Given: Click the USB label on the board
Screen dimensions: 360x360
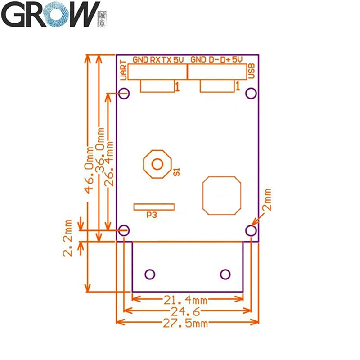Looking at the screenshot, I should (x=252, y=71).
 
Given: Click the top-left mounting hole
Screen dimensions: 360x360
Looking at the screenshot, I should (x=125, y=93).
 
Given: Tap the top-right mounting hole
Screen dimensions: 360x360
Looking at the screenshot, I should (x=251, y=93).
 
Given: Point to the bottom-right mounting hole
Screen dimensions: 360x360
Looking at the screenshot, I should (x=251, y=230).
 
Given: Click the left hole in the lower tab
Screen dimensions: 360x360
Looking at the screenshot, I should (x=150, y=274).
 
